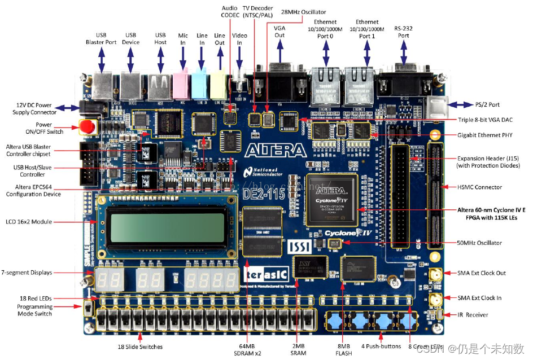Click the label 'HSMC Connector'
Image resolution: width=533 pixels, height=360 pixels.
point(479,187)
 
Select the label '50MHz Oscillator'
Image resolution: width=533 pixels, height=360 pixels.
point(479,243)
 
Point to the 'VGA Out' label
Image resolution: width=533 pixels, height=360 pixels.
point(279,32)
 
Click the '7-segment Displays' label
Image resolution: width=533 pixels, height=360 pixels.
point(27,273)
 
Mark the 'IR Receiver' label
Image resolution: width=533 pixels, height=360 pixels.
point(473,314)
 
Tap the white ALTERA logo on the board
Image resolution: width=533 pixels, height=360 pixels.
point(276,150)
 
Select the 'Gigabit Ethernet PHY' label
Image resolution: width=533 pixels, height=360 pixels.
point(486,135)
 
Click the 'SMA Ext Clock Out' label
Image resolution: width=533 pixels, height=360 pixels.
point(482,273)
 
